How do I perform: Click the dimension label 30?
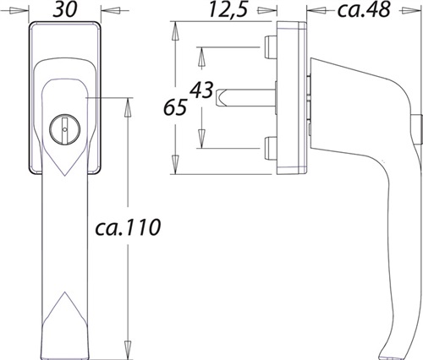pyautogui.click(x=65, y=9)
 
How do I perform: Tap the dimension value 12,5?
pyautogui.click(x=228, y=9)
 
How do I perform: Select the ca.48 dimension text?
pyautogui.click(x=364, y=9)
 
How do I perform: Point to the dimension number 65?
pyautogui.click(x=175, y=107)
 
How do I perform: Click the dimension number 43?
pyautogui.click(x=201, y=90)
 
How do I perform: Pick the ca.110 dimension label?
pyautogui.click(x=128, y=227)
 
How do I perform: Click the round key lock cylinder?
pyautogui.click(x=64, y=129)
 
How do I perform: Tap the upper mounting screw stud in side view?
pyautogui.click(x=270, y=47)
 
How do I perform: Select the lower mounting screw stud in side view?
pyautogui.click(x=270, y=148)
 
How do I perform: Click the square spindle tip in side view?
pyautogui.click(x=220, y=98)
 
